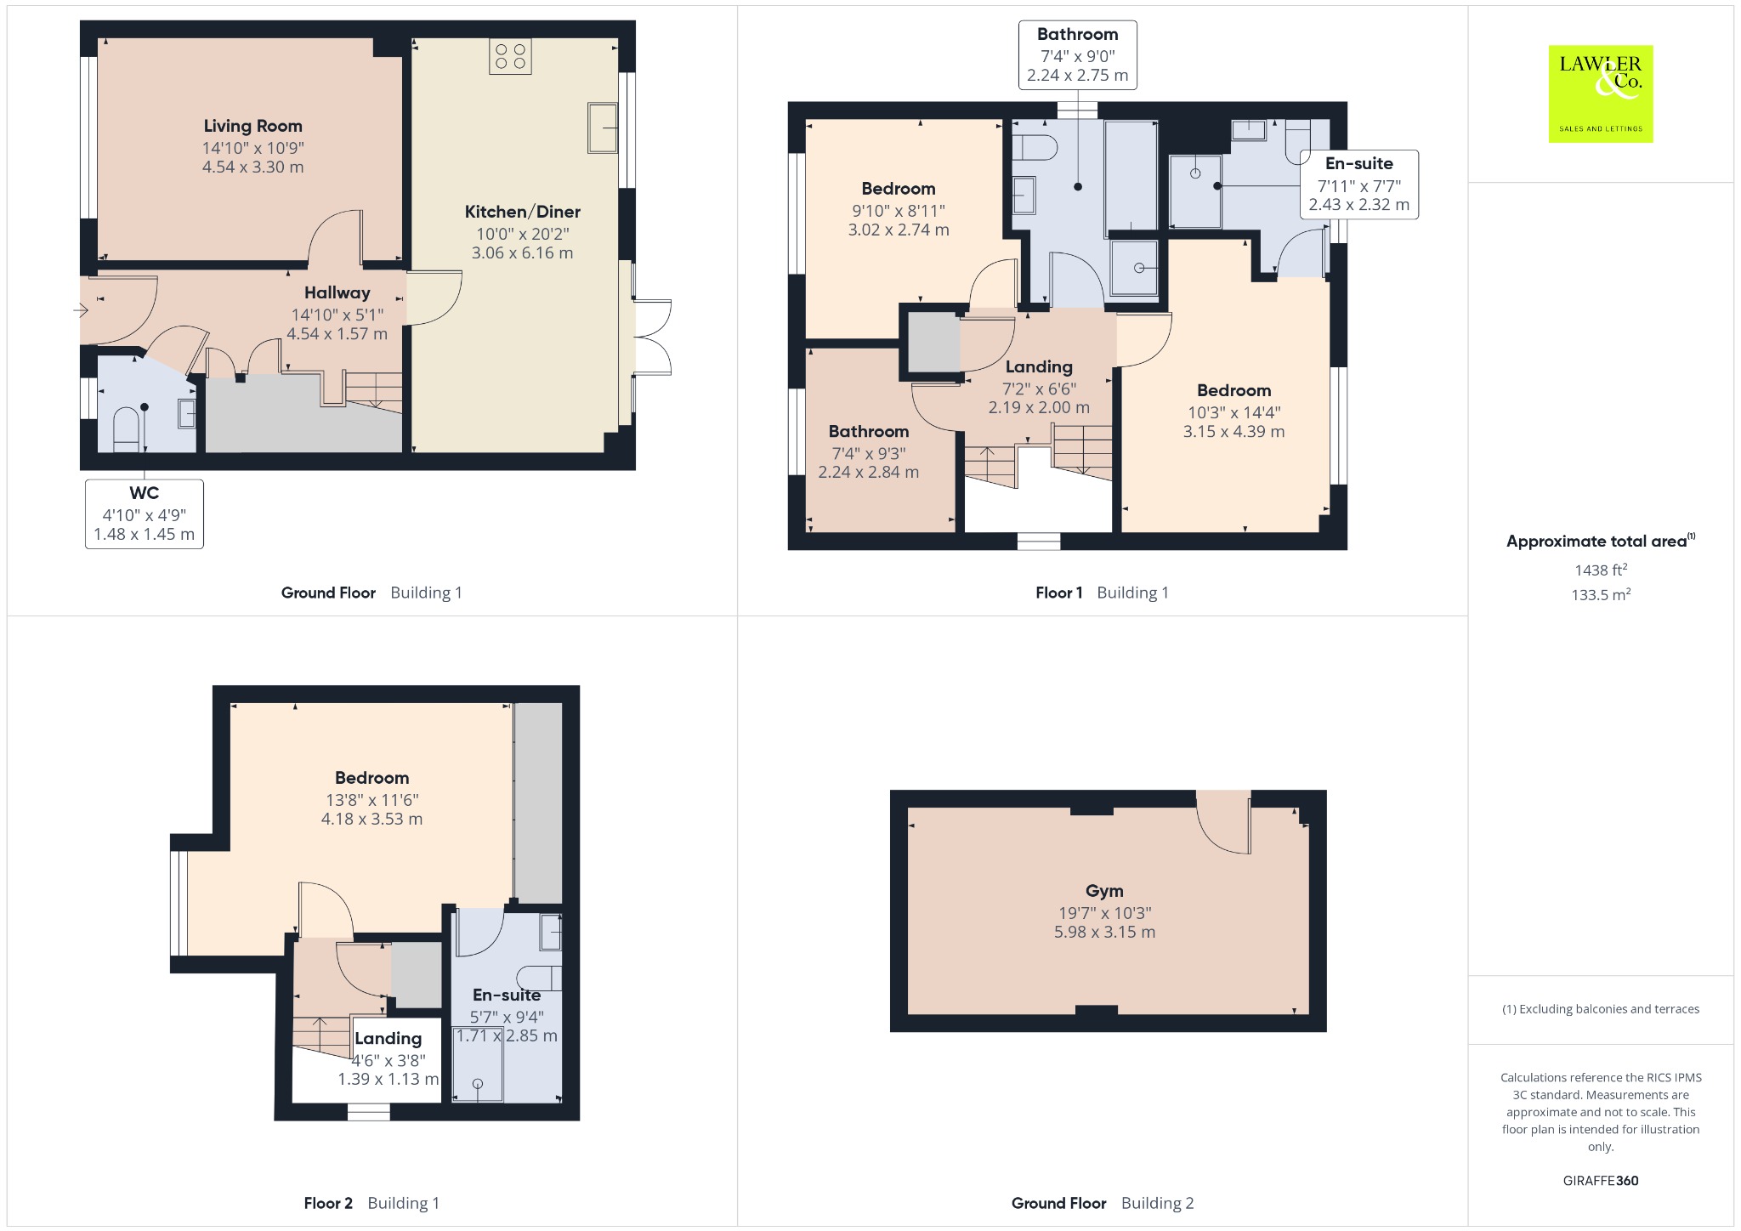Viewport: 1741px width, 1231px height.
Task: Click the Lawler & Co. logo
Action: pos(1601,94)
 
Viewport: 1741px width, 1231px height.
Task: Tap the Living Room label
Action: pos(252,126)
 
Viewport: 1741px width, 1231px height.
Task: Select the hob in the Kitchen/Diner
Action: pos(510,56)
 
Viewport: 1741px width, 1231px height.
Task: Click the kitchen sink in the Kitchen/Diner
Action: pos(603,128)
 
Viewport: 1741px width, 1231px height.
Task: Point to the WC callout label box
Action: pos(145,513)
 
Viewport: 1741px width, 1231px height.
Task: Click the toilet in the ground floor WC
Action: pos(126,429)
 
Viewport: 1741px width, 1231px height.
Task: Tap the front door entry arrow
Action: pos(81,310)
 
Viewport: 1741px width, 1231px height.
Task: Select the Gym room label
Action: pos(1104,891)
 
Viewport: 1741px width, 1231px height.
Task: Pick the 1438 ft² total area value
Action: pos(1601,570)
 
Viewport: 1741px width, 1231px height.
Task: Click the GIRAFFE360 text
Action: pos(1601,1180)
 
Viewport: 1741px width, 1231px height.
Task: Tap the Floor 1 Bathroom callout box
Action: pos(1078,55)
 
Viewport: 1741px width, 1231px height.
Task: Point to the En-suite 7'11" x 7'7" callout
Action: pos(1359,184)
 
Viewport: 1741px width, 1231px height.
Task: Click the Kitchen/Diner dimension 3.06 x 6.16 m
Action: pos(523,252)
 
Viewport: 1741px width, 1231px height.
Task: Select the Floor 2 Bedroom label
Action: pos(371,778)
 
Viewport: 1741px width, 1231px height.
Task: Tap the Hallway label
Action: pos(337,292)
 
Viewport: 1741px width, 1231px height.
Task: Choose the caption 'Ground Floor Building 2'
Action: pos(1103,1203)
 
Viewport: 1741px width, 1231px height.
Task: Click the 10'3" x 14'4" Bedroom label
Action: pos(1233,411)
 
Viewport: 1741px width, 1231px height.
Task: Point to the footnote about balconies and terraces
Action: pos(1601,1009)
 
